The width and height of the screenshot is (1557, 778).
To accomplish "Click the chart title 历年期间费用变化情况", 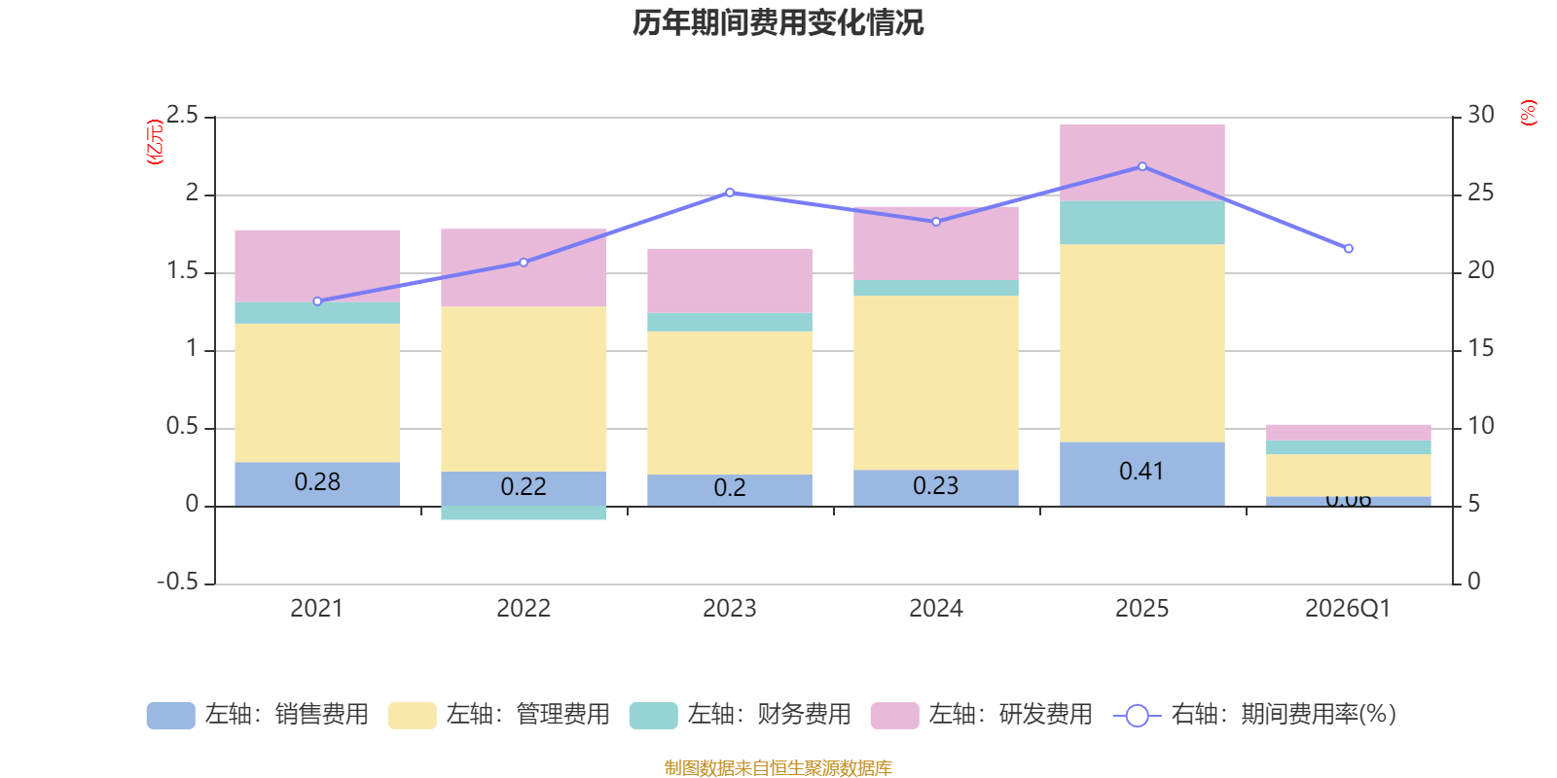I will coord(778,22).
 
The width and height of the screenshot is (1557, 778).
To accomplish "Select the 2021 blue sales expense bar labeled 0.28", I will coord(317,482).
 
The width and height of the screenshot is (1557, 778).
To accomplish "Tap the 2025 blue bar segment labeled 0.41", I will coord(1141,473).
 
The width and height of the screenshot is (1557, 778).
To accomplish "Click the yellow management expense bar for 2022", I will coord(524,389).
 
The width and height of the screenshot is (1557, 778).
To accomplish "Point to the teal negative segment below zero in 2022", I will coord(524,513).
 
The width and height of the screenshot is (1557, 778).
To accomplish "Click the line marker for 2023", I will coord(730,193).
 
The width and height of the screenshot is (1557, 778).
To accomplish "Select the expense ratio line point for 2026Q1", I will coord(1348,249).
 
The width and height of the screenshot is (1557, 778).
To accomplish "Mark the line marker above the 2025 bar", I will coord(1141,166).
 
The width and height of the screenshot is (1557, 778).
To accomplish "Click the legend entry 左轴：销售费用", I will coord(258,715).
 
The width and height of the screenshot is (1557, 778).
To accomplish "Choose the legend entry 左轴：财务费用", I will coord(741,715).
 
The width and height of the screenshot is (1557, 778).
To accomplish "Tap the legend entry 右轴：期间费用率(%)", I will coord(1255,715).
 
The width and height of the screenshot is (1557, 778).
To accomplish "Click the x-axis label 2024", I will coord(936,609).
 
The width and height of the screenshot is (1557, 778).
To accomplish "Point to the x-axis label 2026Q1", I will coord(1348,609).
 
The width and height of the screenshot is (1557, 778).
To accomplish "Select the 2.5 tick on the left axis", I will coord(182,116).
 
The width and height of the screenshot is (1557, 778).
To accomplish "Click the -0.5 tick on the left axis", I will coord(177,582).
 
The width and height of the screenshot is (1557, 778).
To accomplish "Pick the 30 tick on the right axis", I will coord(1481,116).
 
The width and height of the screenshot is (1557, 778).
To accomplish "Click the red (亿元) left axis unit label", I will coord(154,142).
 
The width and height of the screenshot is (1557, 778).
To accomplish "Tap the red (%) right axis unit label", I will coord(1528,113).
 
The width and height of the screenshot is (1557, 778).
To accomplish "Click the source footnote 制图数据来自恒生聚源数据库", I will coord(778,768).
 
